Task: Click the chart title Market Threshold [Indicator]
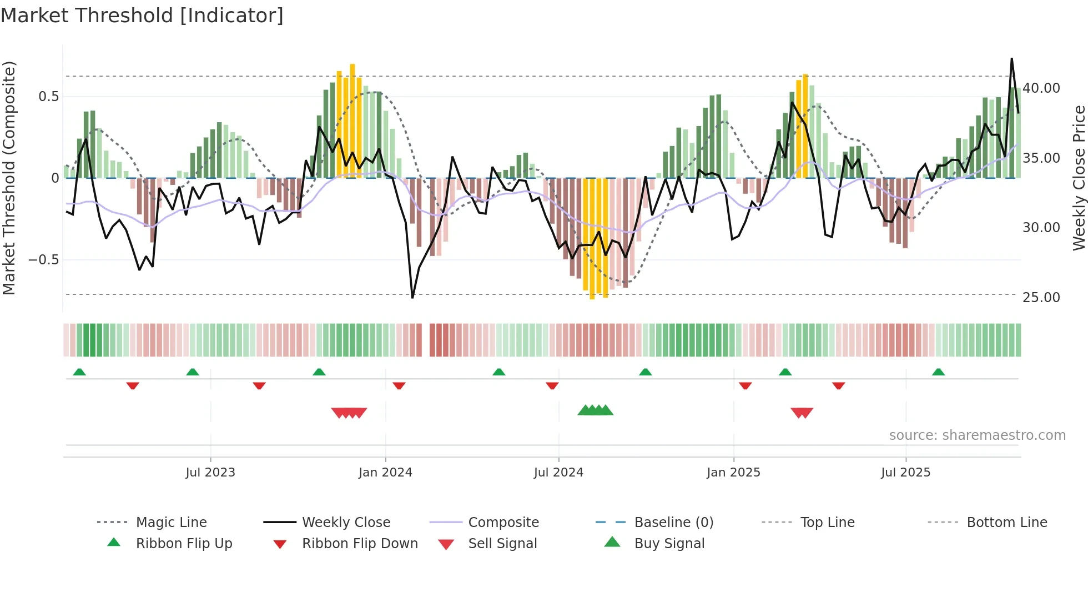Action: click(x=142, y=16)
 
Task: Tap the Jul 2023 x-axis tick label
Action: click(x=210, y=472)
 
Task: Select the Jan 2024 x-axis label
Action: click(x=385, y=472)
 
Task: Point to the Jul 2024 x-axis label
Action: click(x=558, y=472)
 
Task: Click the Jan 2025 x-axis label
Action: click(x=733, y=472)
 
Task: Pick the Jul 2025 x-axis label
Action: click(x=905, y=472)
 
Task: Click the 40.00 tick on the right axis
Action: click(x=1041, y=88)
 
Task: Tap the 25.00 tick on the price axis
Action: click(x=1041, y=298)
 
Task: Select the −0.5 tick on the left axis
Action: click(x=43, y=260)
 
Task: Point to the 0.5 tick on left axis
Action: click(x=49, y=97)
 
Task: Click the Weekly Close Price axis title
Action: click(x=1079, y=178)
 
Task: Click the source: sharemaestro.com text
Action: click(x=977, y=435)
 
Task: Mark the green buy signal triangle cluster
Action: click(x=595, y=410)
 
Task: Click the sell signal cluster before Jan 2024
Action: click(x=349, y=413)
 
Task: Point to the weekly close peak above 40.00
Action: click(x=1011, y=59)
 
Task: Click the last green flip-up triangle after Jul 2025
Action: click(x=938, y=372)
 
